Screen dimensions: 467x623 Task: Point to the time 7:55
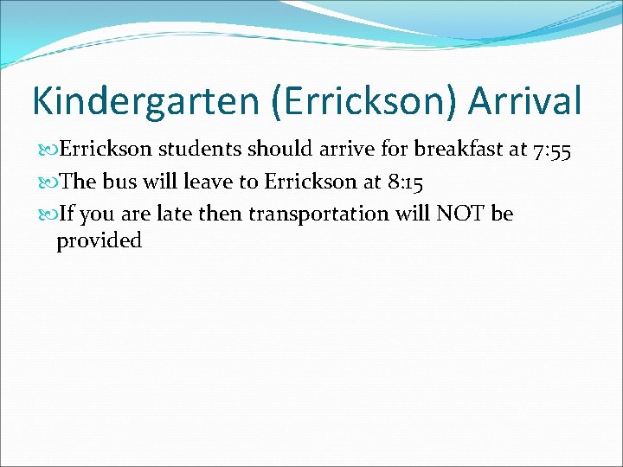tap(552, 150)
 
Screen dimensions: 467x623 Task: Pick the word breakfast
tap(459, 150)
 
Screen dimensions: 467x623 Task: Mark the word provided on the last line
tap(99, 241)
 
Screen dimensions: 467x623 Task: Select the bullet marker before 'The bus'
tap(48, 182)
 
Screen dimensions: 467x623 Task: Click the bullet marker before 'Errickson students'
tap(48, 150)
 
